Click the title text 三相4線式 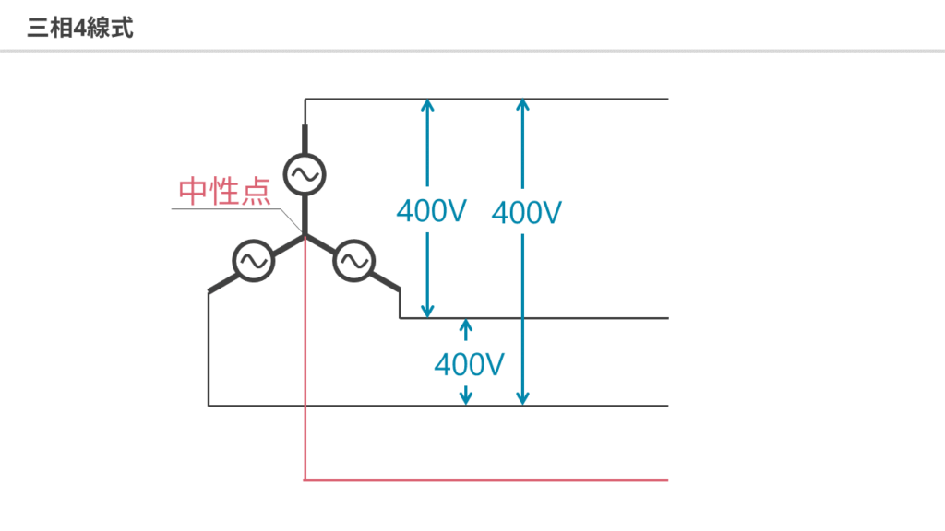pyautogui.click(x=80, y=28)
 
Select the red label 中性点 pyautogui.click(x=224, y=191)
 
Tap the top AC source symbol pyautogui.click(x=305, y=172)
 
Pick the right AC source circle pyautogui.click(x=352, y=262)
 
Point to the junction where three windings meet pyautogui.click(x=305, y=237)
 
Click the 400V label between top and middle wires pyautogui.click(x=431, y=211)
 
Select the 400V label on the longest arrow pyautogui.click(x=527, y=213)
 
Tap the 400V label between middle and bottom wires pyautogui.click(x=469, y=365)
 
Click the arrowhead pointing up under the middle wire pyautogui.click(x=466, y=325)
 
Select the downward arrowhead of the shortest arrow pyautogui.click(x=466, y=398)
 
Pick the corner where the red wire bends pyautogui.click(x=305, y=480)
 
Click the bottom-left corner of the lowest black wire pyautogui.click(x=209, y=406)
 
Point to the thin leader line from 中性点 pyautogui.click(x=231, y=209)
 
